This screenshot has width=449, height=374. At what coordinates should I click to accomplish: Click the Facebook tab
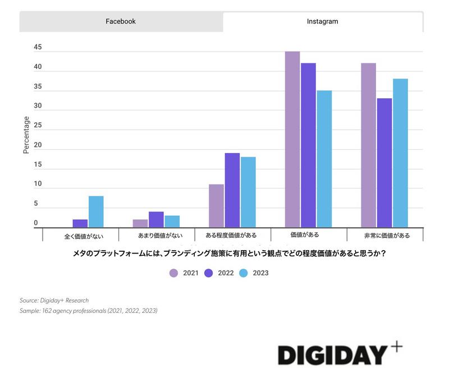coord(121,21)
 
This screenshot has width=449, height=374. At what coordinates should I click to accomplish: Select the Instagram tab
coord(322,21)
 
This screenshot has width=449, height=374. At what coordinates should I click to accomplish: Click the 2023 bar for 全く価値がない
coord(96,211)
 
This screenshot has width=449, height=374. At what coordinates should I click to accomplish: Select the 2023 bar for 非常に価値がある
coord(400,153)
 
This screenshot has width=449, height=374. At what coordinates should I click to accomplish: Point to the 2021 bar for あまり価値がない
coord(140,223)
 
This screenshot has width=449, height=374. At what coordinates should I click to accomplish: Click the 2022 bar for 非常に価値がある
coord(384,163)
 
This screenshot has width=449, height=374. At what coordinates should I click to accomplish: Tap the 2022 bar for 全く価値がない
coord(80,223)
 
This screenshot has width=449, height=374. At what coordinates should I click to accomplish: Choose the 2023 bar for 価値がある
coord(324,159)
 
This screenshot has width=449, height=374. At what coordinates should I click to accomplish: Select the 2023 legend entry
coord(253,273)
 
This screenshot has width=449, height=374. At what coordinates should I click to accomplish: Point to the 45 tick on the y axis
coord(38,48)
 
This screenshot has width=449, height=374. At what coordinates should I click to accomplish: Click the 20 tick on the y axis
coord(38,145)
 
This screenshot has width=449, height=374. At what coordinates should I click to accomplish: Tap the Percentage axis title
coord(26,135)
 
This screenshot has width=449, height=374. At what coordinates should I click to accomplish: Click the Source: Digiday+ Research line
coord(54,301)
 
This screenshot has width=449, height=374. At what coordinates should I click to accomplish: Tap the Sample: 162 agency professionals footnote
coord(88,311)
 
